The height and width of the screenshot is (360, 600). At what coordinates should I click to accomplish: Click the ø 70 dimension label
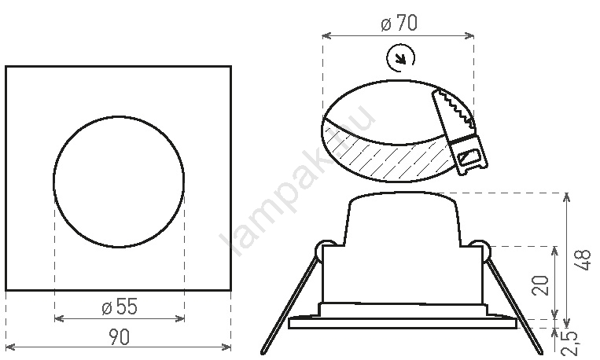coord(399,23)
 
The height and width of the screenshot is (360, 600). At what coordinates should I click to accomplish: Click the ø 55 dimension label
coord(120,307)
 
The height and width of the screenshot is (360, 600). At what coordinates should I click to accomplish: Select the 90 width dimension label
coord(119,336)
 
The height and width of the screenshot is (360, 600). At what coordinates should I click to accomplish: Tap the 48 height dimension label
coord(583,260)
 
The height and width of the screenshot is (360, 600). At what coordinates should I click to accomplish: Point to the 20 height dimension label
coord(540,285)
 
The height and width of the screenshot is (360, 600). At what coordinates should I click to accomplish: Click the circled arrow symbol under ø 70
coord(400,58)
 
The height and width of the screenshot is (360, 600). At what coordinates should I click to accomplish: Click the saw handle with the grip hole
coord(469,156)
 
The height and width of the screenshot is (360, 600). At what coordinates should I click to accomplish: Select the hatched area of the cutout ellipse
coord(386,157)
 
